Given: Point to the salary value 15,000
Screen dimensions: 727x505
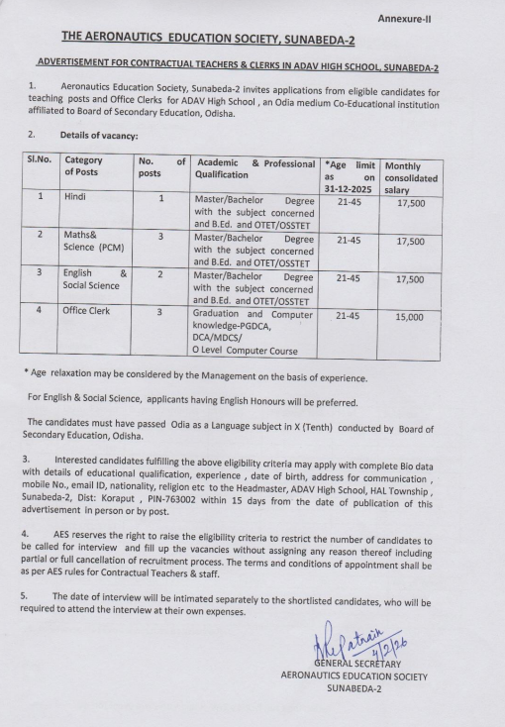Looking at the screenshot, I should click(410, 317).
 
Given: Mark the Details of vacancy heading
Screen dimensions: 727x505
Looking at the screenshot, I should click(99, 134).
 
